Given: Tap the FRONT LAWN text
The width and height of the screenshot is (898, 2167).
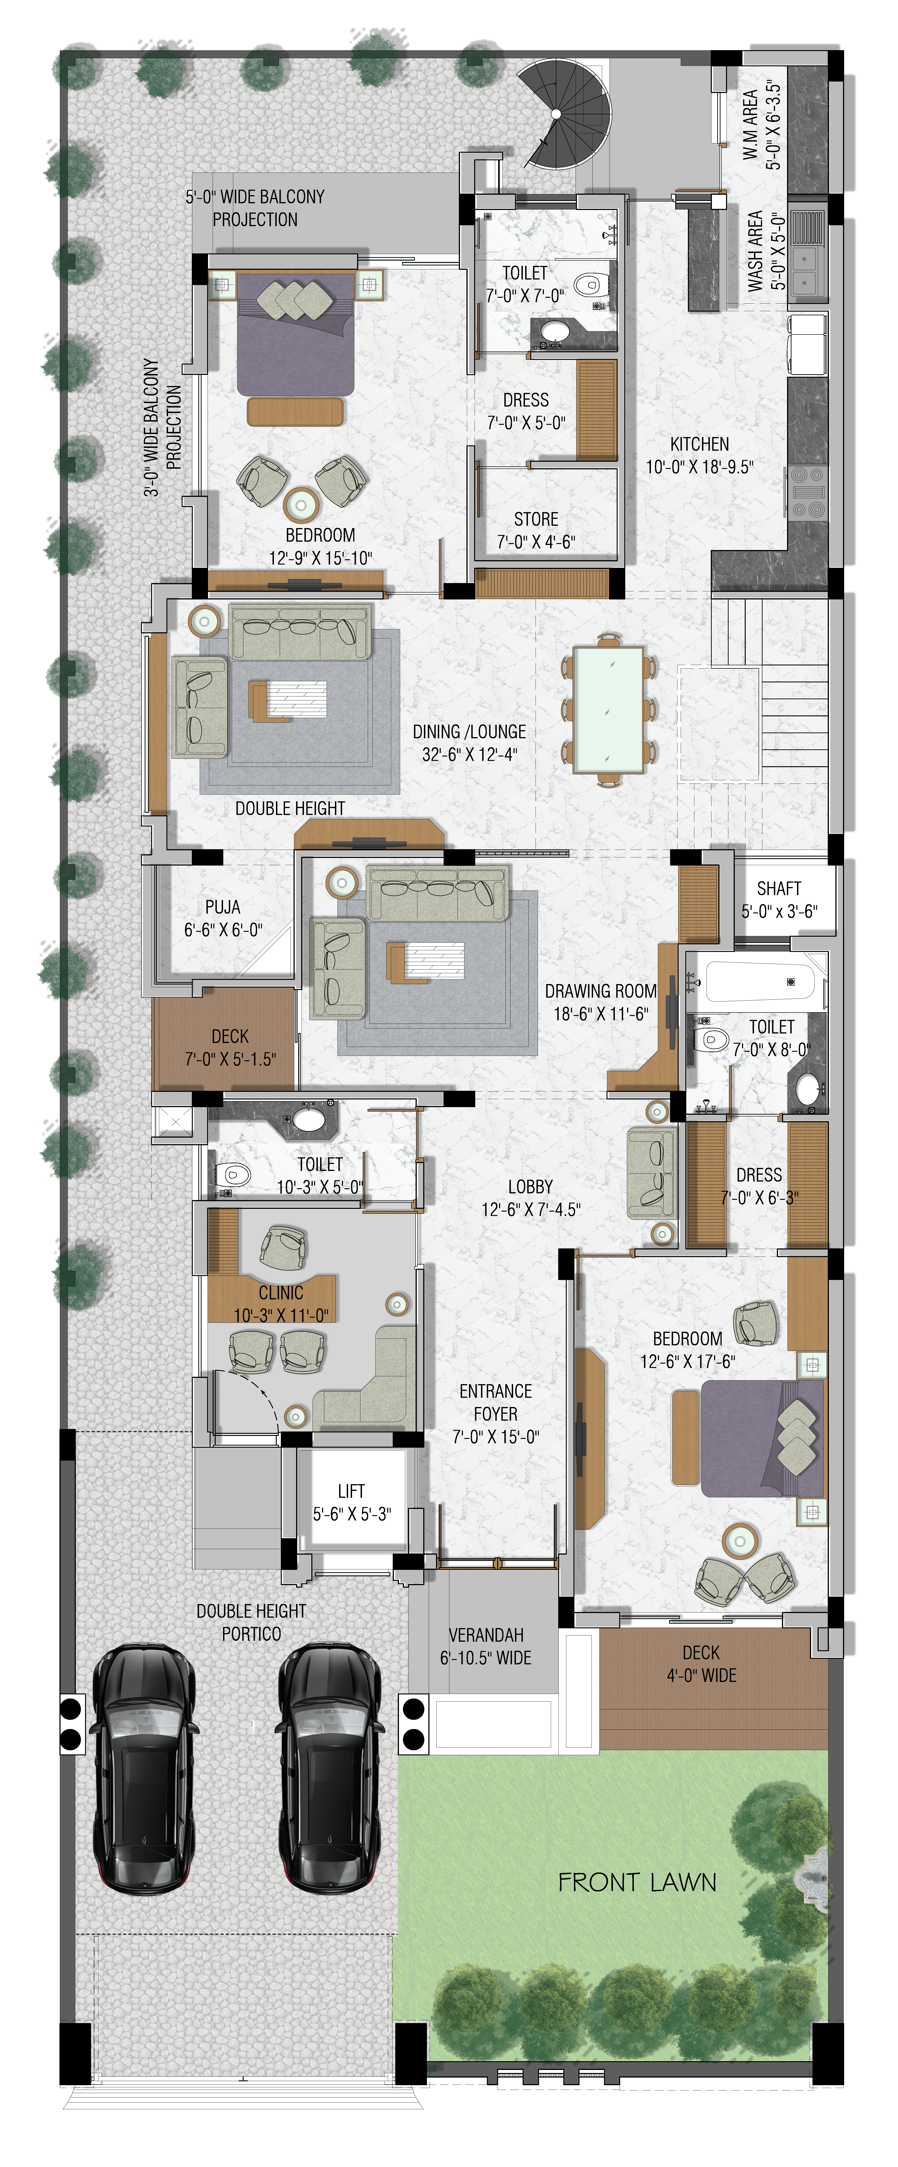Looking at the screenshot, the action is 637,1882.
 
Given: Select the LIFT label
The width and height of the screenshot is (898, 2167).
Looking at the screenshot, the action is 351,1491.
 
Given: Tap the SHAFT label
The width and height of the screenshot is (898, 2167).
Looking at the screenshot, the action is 778,888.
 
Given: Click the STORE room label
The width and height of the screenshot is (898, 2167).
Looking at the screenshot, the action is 536,519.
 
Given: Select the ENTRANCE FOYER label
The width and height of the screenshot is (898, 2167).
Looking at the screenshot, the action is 496,1402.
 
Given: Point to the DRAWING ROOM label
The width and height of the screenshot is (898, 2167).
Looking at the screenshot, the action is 600,991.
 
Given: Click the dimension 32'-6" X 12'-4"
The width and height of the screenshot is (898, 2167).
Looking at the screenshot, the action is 470,755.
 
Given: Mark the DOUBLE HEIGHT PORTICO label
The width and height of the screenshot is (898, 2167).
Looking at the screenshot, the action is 251,1622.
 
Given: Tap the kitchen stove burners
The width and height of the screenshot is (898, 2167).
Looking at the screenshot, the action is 808,492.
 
